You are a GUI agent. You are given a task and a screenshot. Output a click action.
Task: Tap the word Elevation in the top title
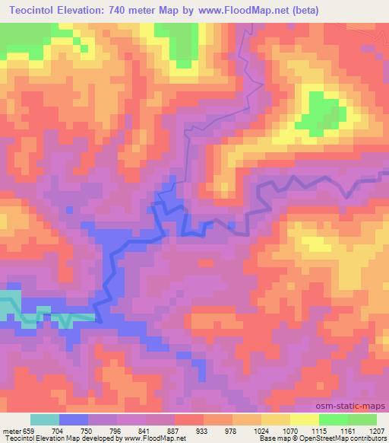95,11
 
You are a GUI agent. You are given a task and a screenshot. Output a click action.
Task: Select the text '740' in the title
139,11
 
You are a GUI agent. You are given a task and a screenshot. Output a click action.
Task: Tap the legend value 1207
378,430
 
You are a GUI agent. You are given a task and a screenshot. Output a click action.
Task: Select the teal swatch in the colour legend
45,419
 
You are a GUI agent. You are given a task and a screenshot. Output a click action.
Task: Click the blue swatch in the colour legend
74,419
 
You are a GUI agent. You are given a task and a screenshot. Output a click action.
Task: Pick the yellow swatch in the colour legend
305,419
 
